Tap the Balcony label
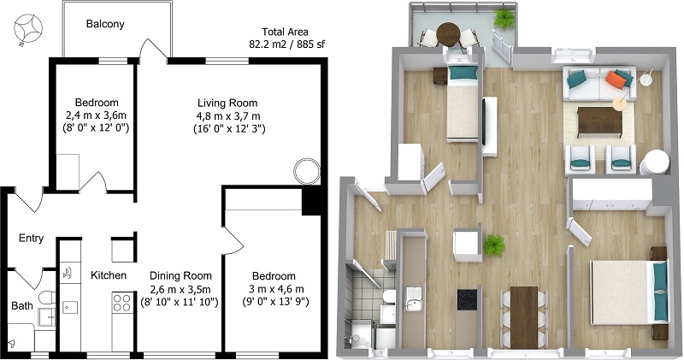[105, 24]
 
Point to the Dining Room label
[180, 276]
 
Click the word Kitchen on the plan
[109, 275]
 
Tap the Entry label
[31, 239]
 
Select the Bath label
[23, 304]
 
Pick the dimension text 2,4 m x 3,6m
[96, 115]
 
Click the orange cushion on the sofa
[616, 80]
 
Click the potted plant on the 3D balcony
[505, 17]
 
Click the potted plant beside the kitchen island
[493, 246]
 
